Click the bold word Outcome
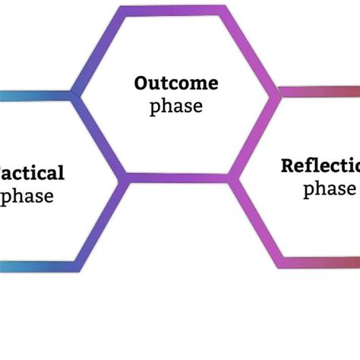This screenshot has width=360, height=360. [x=176, y=83]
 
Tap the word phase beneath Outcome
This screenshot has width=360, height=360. [x=176, y=106]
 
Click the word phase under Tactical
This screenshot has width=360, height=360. [x=27, y=196]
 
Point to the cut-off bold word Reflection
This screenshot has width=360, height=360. [x=319, y=166]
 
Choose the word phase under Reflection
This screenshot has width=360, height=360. [x=330, y=188]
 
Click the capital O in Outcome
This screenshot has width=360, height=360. [x=141, y=83]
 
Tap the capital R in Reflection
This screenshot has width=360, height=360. [x=287, y=166]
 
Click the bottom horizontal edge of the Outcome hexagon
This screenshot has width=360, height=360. [x=176, y=178]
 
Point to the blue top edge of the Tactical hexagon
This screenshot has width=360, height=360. [x=34, y=96]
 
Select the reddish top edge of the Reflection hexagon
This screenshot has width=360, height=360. [x=319, y=92]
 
